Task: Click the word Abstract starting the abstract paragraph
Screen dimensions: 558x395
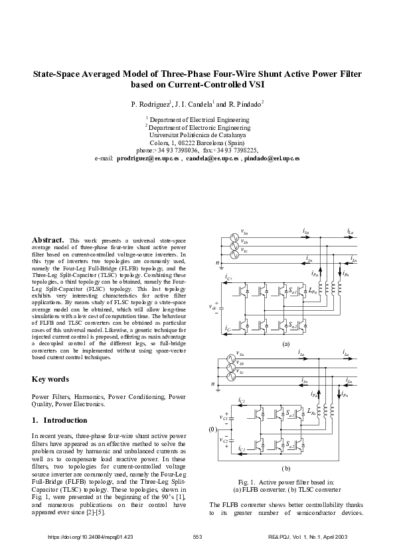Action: tap(48, 239)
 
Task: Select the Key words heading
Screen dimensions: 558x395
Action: tap(50, 379)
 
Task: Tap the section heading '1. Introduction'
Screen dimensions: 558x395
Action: tap(60, 420)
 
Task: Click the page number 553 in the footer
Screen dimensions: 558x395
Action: tap(197, 536)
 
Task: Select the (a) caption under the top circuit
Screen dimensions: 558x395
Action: tap(286, 345)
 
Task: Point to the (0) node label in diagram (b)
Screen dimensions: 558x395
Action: tap(212, 429)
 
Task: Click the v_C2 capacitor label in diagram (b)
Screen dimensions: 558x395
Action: tap(224, 440)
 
